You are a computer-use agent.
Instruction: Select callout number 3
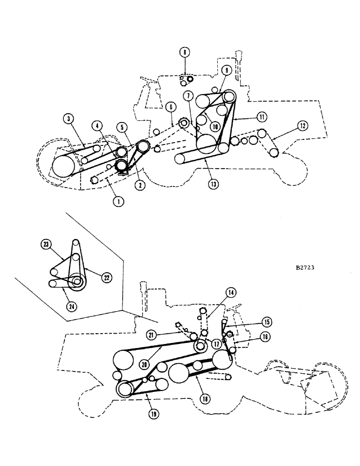coord(69,119)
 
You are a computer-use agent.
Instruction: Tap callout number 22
coord(106,277)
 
